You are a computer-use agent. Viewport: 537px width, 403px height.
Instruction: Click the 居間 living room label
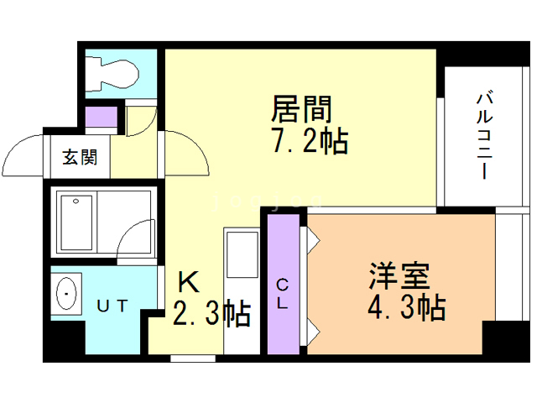(301, 109)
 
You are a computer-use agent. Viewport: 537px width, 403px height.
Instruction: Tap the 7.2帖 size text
(310, 140)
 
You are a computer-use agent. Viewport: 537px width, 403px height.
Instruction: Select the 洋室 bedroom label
(399, 276)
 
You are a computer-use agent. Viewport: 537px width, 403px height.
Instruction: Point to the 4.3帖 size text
(406, 307)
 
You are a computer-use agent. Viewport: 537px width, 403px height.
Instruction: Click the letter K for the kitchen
(190, 281)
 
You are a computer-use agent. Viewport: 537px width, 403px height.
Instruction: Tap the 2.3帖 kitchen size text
(211, 313)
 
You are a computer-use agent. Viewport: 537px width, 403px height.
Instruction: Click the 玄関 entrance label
(80, 157)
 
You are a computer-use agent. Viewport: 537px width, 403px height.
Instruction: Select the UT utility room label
(112, 306)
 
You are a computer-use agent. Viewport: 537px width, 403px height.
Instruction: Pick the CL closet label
(283, 294)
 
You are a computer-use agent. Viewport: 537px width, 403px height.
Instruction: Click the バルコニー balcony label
(485, 136)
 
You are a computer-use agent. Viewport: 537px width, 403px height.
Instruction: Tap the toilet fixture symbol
(112, 74)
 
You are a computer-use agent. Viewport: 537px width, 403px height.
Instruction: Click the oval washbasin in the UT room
(66, 294)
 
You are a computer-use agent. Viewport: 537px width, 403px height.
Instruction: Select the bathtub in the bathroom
(76, 222)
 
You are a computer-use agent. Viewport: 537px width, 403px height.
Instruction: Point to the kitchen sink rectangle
(242, 254)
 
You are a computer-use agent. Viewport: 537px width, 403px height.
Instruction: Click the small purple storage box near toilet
(101, 117)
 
